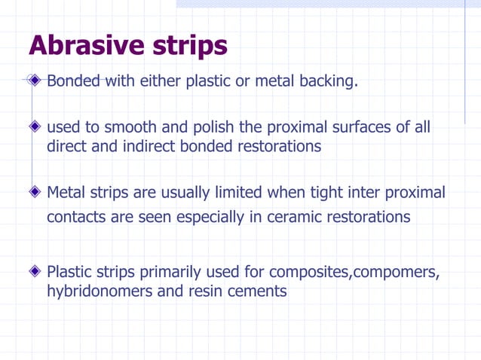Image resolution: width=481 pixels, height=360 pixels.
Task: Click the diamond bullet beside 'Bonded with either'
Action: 35,81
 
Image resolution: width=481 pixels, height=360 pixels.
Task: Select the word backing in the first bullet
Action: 326,81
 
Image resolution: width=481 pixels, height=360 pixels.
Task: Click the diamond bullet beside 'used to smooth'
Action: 35,127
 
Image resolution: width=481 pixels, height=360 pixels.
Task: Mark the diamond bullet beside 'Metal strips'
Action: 35,193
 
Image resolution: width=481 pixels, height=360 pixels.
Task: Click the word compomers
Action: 396,271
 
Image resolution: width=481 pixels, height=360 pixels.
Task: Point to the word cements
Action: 259,291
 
